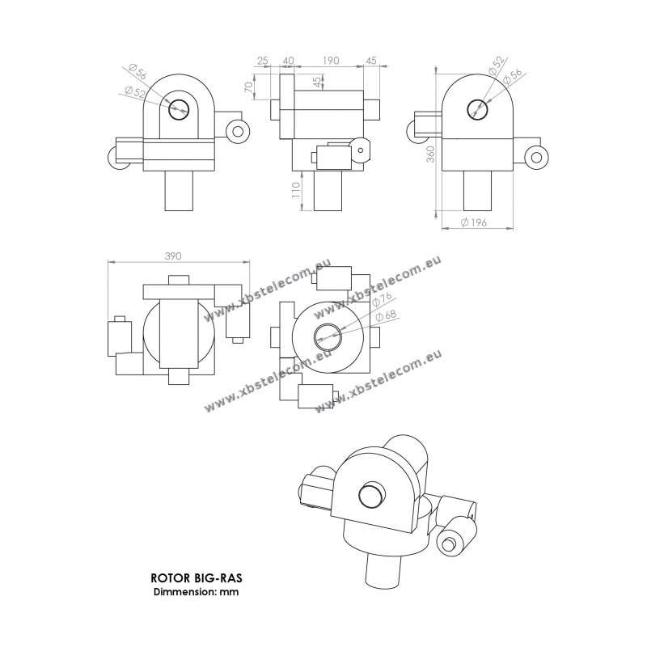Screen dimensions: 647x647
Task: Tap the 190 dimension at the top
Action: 330,61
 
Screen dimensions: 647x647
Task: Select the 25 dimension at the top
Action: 263,61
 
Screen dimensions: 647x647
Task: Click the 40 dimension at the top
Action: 288,61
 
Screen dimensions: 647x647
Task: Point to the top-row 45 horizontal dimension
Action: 371,61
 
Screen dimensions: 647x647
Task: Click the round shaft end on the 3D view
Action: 370,493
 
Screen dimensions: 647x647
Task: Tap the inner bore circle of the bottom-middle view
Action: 328,332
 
